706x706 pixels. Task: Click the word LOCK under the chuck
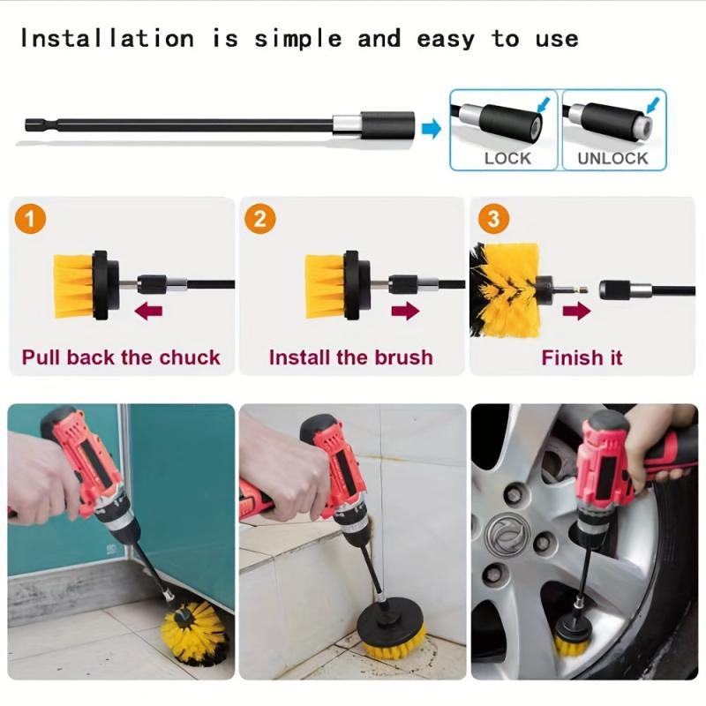coord(507,158)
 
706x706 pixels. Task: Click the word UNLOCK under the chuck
coord(612,158)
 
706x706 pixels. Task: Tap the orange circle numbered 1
coord(31,219)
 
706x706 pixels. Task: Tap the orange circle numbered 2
coord(259,219)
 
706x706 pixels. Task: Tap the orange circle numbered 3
coord(493,219)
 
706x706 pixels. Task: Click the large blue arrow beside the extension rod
coord(431,128)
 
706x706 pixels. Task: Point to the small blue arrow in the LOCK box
coord(544,105)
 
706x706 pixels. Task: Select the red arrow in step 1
coord(148,311)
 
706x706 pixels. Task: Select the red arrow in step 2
coord(406,311)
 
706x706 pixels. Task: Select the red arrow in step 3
coord(577,311)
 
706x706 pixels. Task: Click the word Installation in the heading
coord(107,39)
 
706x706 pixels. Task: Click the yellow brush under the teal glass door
coord(195,632)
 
